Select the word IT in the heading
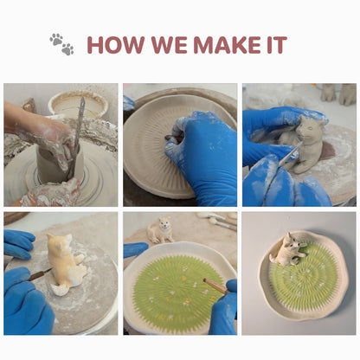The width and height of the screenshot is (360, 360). click(277, 45)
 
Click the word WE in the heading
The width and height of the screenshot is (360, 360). click(169, 45)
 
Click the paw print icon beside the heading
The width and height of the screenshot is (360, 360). click(61, 44)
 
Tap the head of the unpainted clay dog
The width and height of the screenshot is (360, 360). click(310, 127)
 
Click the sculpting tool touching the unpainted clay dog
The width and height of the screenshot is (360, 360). click(288, 154)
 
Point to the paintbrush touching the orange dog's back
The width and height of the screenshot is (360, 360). click(40, 274)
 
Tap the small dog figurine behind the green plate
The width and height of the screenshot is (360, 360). click(160, 230)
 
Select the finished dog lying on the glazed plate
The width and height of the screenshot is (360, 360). click(288, 250)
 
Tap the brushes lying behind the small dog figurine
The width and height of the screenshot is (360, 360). click(217, 221)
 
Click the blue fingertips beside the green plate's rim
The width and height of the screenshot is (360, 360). click(136, 250)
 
